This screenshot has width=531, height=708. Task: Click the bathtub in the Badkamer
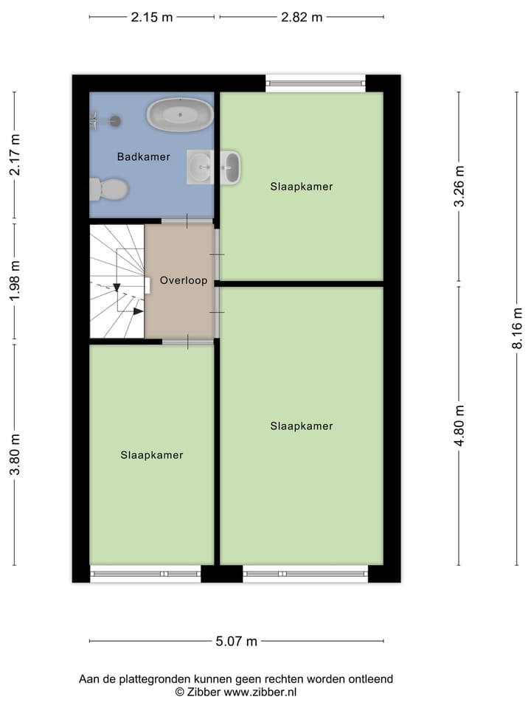pyautogui.click(x=179, y=115)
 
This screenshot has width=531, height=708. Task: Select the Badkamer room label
pyautogui.click(x=143, y=156)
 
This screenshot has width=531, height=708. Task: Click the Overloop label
pyautogui.click(x=184, y=280)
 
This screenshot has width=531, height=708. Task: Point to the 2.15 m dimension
pyautogui.click(x=152, y=18)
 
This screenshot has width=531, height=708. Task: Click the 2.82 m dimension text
pyautogui.click(x=302, y=18)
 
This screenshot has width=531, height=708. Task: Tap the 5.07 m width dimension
pyautogui.click(x=236, y=642)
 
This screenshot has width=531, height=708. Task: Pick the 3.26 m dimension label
pyautogui.click(x=459, y=187)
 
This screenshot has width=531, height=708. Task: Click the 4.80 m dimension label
pyautogui.click(x=459, y=426)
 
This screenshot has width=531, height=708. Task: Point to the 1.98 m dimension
pyautogui.click(x=15, y=281)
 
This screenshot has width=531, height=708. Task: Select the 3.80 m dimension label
pyautogui.click(x=15, y=454)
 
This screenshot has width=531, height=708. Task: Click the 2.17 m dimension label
pyautogui.click(x=15, y=155)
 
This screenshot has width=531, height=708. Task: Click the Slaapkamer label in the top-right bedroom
pyautogui.click(x=301, y=187)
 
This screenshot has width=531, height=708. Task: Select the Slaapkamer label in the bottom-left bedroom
pyautogui.click(x=151, y=455)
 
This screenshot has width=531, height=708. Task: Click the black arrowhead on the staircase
pyautogui.click(x=138, y=311)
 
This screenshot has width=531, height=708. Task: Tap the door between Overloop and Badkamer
pyautogui.click(x=187, y=221)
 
